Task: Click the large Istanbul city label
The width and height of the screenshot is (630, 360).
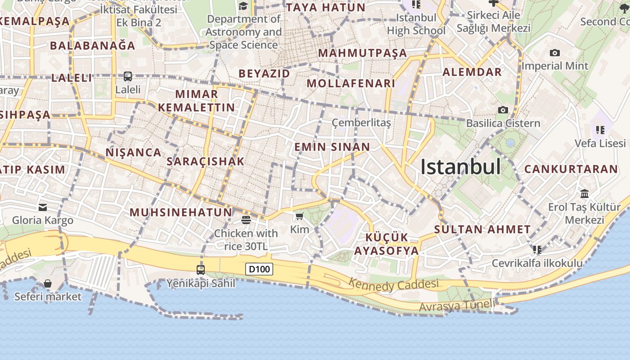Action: click(460, 167)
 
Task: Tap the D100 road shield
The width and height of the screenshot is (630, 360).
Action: click(260, 269)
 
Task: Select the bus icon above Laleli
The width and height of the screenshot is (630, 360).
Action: click(128, 76)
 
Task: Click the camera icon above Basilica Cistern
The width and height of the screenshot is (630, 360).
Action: click(503, 110)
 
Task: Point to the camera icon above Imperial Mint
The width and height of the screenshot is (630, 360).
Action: click(555, 53)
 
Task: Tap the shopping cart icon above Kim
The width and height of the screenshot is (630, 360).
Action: click(300, 216)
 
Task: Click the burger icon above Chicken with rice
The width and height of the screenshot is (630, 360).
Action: click(246, 220)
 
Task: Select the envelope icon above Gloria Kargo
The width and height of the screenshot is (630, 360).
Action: click(43, 207)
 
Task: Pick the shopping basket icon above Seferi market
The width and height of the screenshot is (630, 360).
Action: click(48, 283)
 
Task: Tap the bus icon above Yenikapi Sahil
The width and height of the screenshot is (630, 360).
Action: click(201, 270)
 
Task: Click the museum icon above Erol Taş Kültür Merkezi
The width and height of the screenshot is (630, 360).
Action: click(585, 193)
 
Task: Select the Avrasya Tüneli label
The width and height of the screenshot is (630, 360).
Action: click(456, 306)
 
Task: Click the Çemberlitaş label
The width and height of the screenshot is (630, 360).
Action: click(361, 122)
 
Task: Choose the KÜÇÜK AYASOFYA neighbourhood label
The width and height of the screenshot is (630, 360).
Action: click(387, 244)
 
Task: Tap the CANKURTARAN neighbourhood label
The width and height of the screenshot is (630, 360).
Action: click(571, 169)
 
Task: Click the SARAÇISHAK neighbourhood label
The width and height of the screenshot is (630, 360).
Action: click(205, 161)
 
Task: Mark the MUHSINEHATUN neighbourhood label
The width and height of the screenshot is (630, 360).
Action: click(181, 212)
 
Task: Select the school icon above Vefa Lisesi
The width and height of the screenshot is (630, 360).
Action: click(600, 130)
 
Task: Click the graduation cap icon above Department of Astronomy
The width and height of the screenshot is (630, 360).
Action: click(243, 6)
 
